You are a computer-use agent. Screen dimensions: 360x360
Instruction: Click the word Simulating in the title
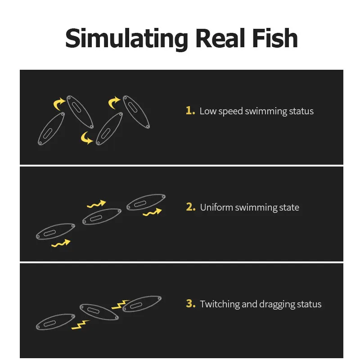127,39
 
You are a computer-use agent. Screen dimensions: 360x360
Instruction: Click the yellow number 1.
190,111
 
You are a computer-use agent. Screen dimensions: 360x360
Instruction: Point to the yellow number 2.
191,207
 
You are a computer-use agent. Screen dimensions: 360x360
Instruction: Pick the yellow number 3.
191,303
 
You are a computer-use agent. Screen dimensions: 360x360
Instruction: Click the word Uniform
216,207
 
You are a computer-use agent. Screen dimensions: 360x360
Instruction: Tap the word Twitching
220,304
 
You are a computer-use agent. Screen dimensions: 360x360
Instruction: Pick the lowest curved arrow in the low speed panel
86,138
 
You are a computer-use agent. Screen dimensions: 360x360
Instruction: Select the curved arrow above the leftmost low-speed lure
59,104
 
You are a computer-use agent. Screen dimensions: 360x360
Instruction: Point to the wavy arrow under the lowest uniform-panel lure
61,243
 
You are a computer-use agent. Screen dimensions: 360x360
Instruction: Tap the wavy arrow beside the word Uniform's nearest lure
152,212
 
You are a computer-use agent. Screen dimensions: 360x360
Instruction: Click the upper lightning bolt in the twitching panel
120,305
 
